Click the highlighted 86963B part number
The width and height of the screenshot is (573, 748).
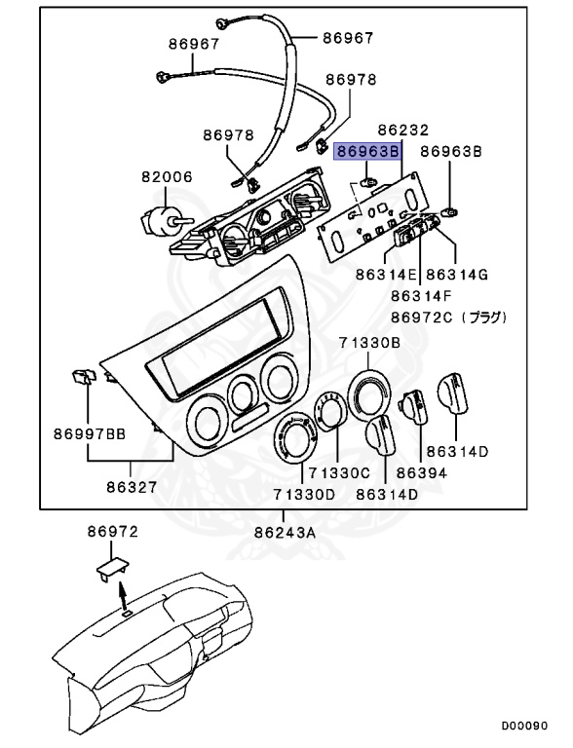pyautogui.click(x=366, y=152)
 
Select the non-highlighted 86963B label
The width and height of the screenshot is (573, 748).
pyautogui.click(x=451, y=152)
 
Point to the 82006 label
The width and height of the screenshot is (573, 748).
pyautogui.click(x=167, y=178)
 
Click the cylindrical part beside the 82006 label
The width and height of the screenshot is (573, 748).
pyautogui.click(x=157, y=220)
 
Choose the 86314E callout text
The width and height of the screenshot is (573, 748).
pyautogui.click(x=387, y=276)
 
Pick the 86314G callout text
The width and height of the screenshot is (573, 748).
pyautogui.click(x=457, y=276)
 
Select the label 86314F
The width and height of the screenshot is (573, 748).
pyautogui.click(x=423, y=296)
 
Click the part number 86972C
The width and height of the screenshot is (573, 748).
pyautogui.click(x=423, y=318)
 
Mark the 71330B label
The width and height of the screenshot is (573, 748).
pyautogui.click(x=369, y=342)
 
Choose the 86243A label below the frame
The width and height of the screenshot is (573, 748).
pyautogui.click(x=286, y=532)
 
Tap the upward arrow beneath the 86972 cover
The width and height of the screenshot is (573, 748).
pyautogui.click(x=122, y=593)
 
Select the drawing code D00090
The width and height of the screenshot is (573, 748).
pyautogui.click(x=525, y=727)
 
